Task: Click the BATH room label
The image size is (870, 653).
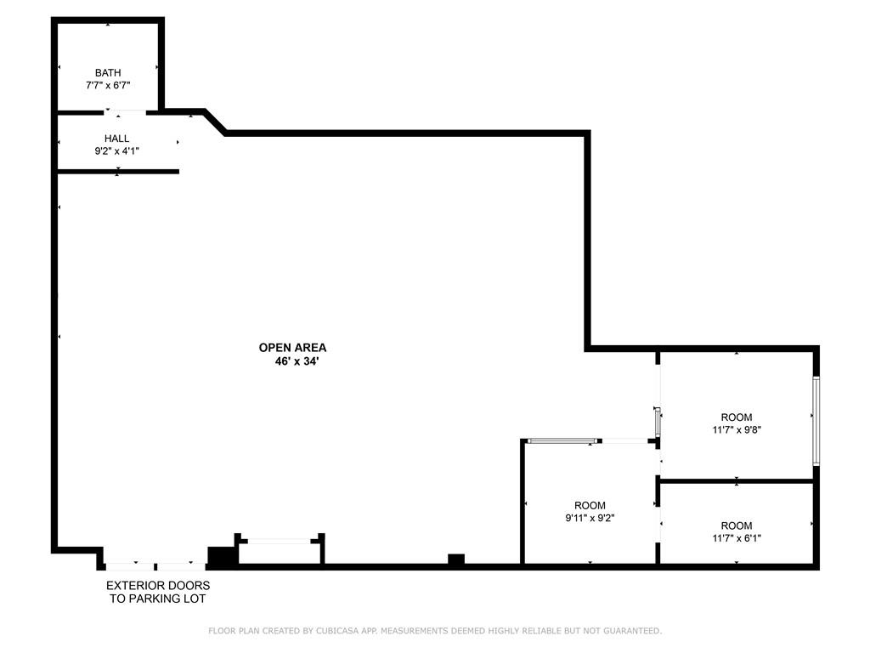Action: pos(108,73)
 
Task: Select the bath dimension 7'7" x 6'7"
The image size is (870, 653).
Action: pos(108,85)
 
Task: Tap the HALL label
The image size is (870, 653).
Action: pos(117,139)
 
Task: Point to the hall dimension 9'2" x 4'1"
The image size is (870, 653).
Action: pos(117,150)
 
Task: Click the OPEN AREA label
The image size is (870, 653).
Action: pos(292,347)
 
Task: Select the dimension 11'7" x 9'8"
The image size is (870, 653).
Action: pos(736,429)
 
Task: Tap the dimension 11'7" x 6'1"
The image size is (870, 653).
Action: pos(736,538)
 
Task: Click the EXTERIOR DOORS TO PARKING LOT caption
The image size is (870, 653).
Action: pos(158,592)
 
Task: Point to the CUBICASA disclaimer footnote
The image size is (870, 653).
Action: pos(435,631)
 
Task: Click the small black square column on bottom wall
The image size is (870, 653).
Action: pos(456,559)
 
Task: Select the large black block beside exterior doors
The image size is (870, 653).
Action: pos(223,557)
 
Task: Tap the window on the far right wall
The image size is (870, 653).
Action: pos(816,420)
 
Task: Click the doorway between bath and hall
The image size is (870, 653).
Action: pos(125,111)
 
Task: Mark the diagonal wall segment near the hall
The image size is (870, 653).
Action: pos(215,122)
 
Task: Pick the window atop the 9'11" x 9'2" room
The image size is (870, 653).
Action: pos(561,440)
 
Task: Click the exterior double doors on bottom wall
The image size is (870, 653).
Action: pos(155,565)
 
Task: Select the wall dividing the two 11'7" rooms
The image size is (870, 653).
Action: pos(736,481)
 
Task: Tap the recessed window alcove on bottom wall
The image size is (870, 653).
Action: pos(280,542)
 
